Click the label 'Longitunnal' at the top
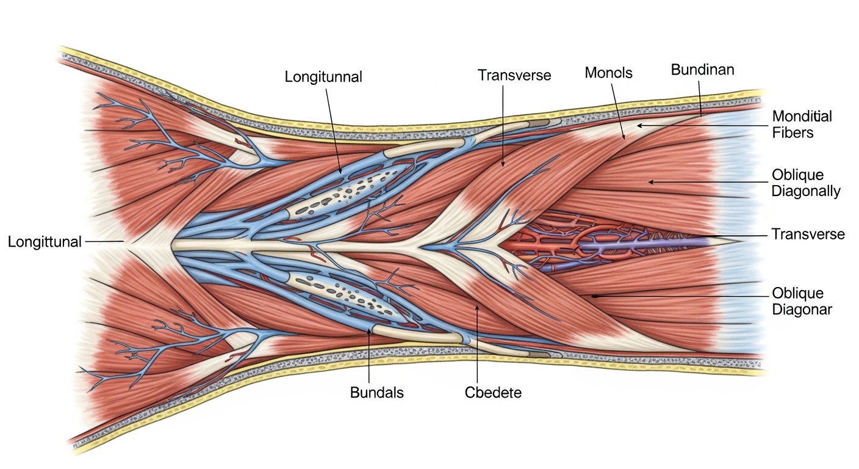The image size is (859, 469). [x=323, y=77]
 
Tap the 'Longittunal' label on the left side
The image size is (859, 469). [x=45, y=242]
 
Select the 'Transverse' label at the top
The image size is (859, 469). [x=514, y=75]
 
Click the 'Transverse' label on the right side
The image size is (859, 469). [x=808, y=234]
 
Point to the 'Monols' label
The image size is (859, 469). [x=608, y=73]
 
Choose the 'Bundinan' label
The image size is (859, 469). [x=703, y=70]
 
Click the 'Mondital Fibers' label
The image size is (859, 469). [x=802, y=125]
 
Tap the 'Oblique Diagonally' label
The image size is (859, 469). [x=806, y=183]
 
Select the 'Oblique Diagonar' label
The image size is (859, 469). [x=802, y=301]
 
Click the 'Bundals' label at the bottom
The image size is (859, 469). [x=376, y=393]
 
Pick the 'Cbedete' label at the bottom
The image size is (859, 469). [x=493, y=393]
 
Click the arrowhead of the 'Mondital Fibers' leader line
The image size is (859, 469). [x=639, y=126]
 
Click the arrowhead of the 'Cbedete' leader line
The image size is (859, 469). [x=478, y=308]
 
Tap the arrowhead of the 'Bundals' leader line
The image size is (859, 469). [x=369, y=330]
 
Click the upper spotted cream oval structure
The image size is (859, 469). [x=341, y=192]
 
